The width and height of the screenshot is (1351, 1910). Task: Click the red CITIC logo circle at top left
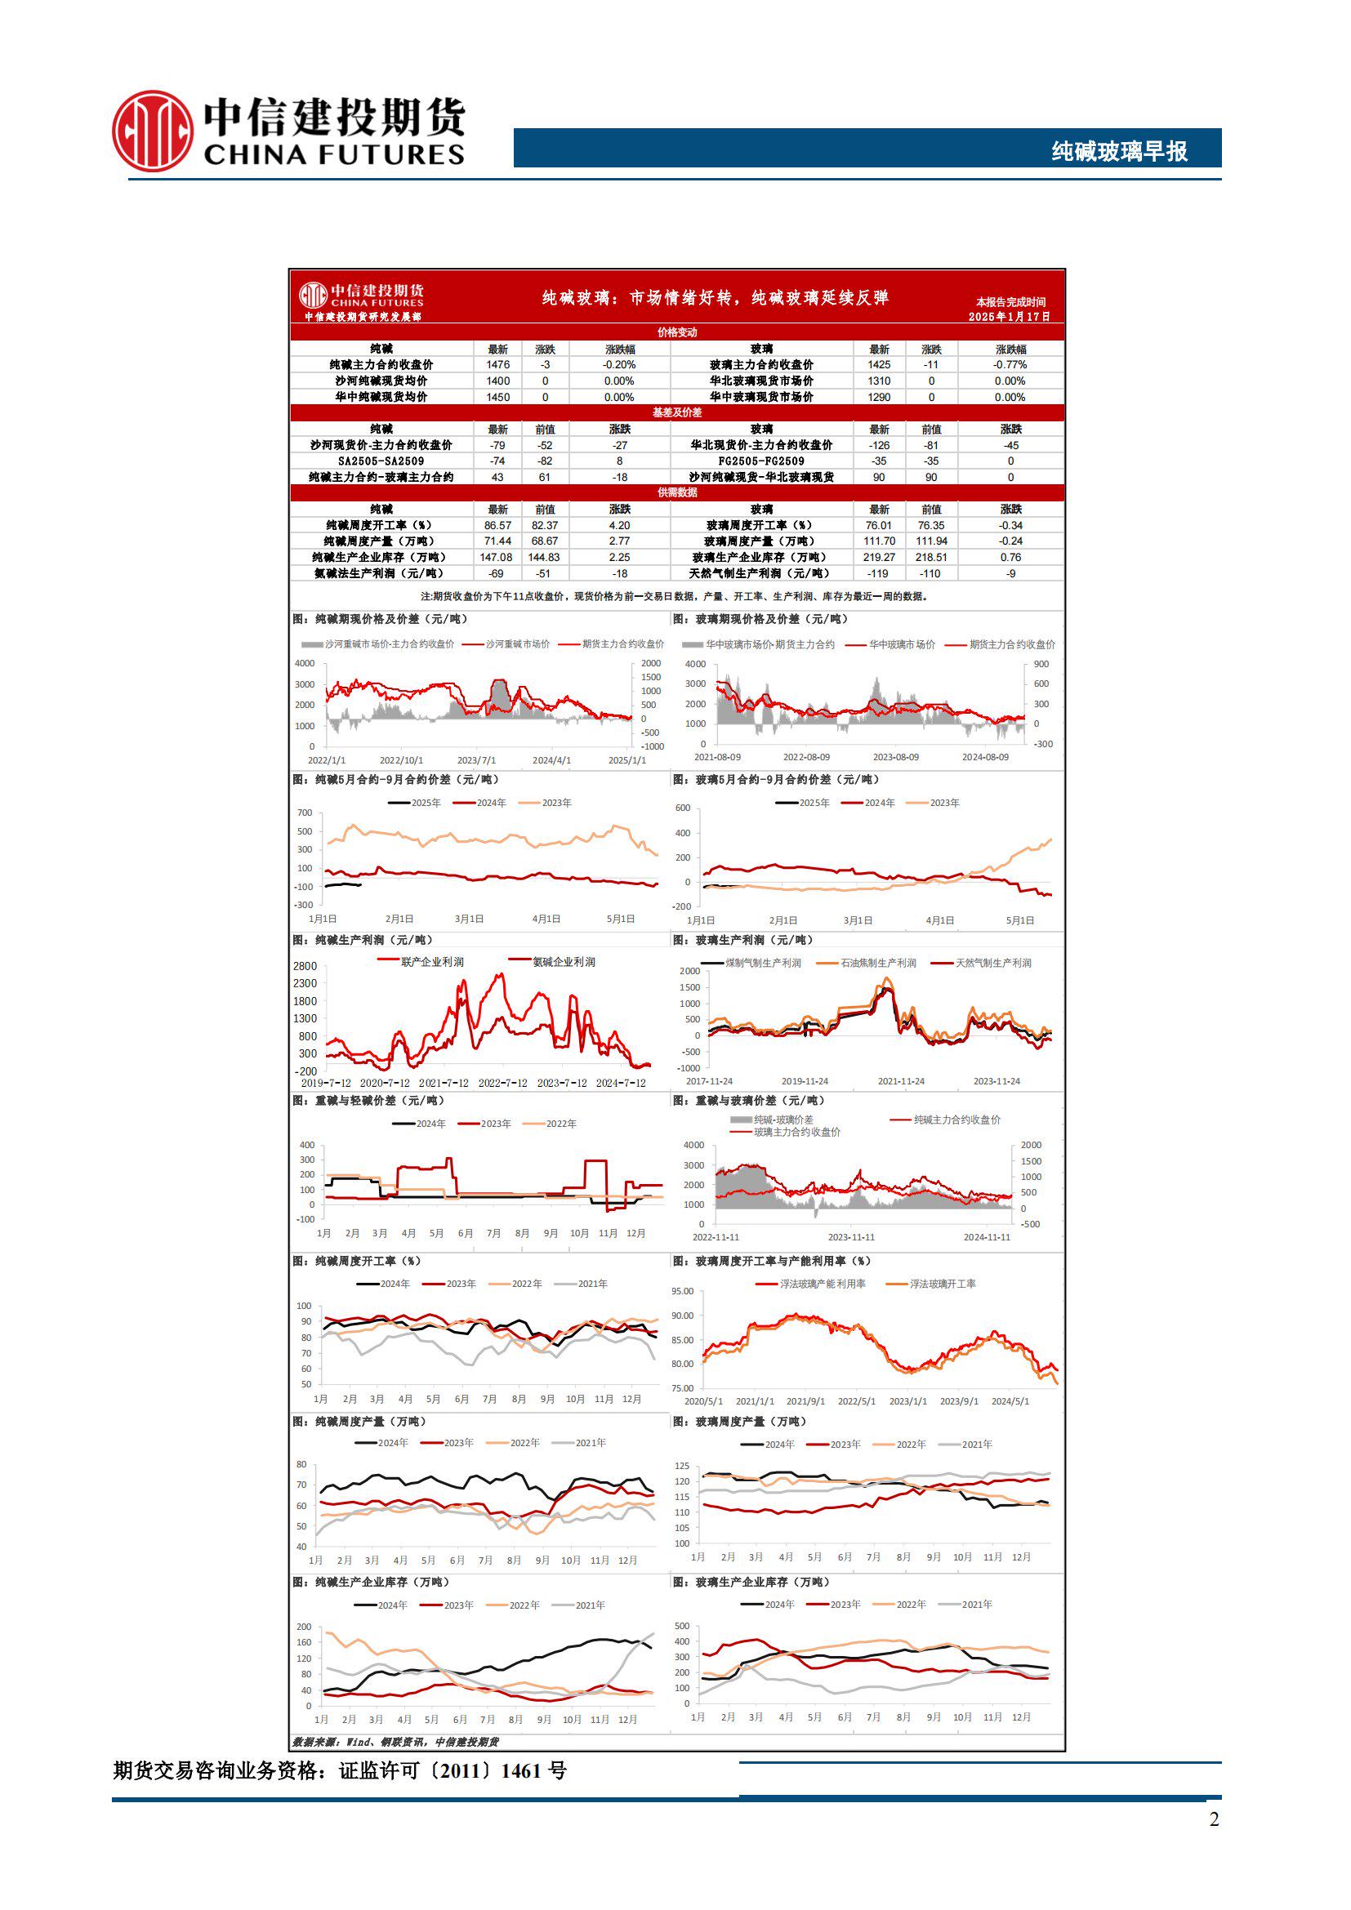tap(153, 131)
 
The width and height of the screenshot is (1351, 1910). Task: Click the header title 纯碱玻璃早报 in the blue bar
tap(1119, 151)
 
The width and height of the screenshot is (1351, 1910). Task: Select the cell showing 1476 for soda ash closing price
tap(497, 364)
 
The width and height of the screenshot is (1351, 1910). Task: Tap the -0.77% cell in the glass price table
tap(1010, 364)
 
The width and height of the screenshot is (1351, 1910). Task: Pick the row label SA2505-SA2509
tap(381, 461)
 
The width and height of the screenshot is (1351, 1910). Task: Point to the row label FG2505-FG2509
tap(761, 461)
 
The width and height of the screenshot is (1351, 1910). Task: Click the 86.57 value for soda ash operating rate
tap(497, 525)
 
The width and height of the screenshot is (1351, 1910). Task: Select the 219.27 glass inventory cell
tap(880, 558)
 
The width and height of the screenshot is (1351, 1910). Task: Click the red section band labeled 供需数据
tap(676, 492)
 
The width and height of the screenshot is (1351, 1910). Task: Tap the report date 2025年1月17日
tap(1009, 317)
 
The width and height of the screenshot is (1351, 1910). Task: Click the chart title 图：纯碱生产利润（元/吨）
tap(363, 940)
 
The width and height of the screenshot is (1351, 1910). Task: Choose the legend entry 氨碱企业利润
tap(564, 962)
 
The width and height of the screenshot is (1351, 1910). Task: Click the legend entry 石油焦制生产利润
tap(877, 964)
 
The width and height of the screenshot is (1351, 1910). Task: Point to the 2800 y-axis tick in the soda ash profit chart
tap(305, 966)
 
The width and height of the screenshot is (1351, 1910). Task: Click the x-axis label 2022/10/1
tap(401, 760)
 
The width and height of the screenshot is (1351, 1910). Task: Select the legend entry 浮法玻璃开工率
tap(943, 1284)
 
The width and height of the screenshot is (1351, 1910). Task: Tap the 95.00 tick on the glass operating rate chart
tap(682, 1291)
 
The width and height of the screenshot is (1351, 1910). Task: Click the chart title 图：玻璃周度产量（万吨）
tap(739, 1422)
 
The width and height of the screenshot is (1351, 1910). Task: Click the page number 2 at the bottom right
tap(1214, 1819)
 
